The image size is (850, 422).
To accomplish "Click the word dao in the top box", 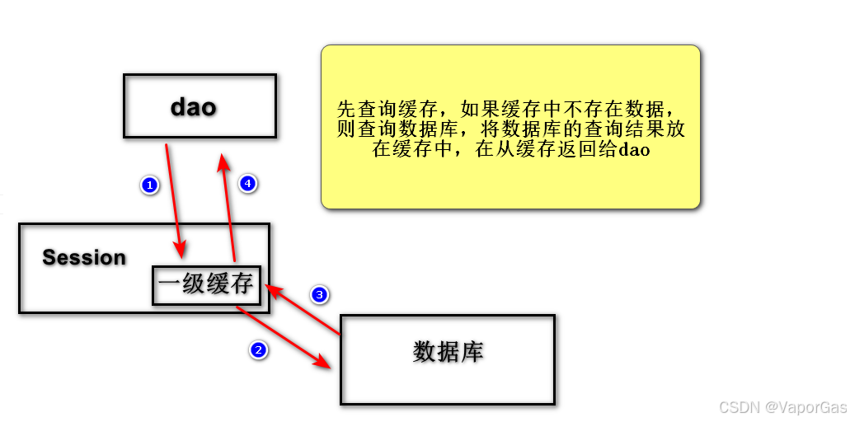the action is click(x=194, y=107).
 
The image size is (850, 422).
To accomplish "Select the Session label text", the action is click(x=84, y=258).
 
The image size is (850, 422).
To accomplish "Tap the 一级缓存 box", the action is click(x=206, y=285).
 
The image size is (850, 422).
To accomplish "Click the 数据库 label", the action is click(x=448, y=352).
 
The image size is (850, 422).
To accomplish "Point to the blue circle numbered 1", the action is click(x=149, y=185).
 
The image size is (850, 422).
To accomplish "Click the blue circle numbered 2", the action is click(x=258, y=350).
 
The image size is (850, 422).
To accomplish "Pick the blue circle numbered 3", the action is click(x=320, y=294).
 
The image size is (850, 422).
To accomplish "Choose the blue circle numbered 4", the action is click(x=248, y=184).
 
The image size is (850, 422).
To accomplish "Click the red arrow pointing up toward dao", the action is click(x=229, y=206).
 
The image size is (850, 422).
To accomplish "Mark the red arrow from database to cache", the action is click(x=303, y=311).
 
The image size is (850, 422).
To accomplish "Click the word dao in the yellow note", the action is click(x=634, y=150).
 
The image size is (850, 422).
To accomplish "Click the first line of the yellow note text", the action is click(x=510, y=110).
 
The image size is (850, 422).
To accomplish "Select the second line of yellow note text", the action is click(x=510, y=130).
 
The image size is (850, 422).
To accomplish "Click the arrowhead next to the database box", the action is click(x=329, y=364).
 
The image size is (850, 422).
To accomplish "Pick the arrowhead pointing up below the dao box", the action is click(x=223, y=162).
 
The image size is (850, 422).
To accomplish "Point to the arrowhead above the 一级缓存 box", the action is click(x=181, y=249).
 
